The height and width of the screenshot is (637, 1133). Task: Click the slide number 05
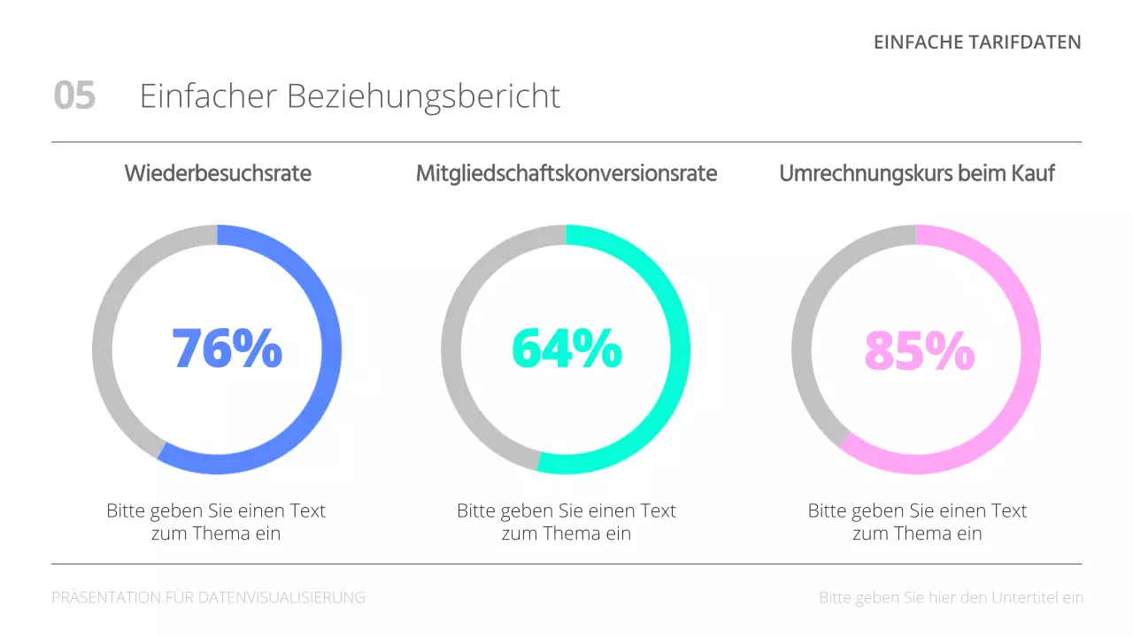(x=74, y=96)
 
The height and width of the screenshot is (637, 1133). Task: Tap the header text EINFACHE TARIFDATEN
(x=977, y=42)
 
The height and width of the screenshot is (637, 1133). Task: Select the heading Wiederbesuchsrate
(x=218, y=173)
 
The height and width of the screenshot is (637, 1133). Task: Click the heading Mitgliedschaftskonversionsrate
(x=566, y=173)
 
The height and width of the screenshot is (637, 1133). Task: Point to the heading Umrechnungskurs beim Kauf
(x=916, y=173)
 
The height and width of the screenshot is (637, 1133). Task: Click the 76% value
(x=227, y=349)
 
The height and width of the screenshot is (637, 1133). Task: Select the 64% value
(x=566, y=349)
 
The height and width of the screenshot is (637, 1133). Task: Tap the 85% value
(x=919, y=350)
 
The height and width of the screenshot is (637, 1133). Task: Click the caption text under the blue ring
(x=217, y=522)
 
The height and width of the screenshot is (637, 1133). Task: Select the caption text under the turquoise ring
(x=566, y=522)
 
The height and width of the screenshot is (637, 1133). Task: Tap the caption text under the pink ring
(x=917, y=522)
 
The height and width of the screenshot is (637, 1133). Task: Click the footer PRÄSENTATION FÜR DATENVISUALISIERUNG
(x=209, y=598)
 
